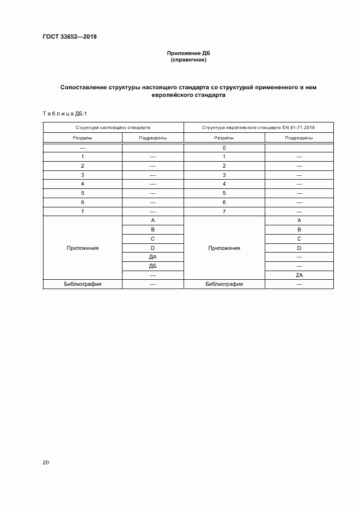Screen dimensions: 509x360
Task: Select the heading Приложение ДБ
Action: click(188, 54)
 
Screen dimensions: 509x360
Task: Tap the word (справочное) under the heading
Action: click(188, 60)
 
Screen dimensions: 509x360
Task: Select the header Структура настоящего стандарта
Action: click(113, 127)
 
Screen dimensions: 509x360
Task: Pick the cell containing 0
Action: click(224, 148)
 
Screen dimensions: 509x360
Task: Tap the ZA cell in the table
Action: click(299, 275)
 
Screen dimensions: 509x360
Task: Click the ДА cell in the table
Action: click(152, 257)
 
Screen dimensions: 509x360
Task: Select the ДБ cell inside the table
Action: click(152, 266)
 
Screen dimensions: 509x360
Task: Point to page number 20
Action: click(46, 462)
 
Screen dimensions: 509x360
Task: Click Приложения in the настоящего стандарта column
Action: click(83, 248)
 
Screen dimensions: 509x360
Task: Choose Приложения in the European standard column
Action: click(224, 248)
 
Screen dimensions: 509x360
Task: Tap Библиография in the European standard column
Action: click(224, 284)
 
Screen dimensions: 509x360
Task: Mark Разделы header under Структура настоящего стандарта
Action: click(83, 138)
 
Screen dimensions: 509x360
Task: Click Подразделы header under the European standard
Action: click(299, 138)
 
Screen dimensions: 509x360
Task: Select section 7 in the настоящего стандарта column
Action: click(83, 211)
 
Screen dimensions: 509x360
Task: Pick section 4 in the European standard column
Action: click(224, 184)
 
